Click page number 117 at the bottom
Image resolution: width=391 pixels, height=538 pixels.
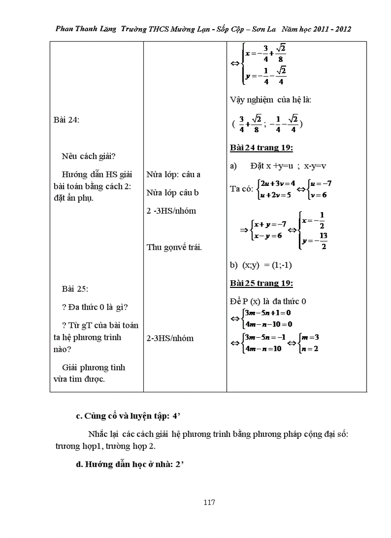[x=209, y=502]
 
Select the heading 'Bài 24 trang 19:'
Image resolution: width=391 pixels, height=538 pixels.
[x=261, y=148]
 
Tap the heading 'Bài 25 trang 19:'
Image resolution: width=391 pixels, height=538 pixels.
[x=261, y=283]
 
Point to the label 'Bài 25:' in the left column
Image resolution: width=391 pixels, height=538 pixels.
[x=75, y=289]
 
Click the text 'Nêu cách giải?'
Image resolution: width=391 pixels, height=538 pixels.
[x=90, y=156]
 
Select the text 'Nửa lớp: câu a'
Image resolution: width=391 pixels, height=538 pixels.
[x=173, y=174]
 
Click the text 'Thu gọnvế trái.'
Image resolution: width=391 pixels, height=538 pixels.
[x=174, y=247]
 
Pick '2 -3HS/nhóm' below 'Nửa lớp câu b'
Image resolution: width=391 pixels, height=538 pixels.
[x=171, y=211]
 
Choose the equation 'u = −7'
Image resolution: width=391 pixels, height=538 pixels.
[x=321, y=183]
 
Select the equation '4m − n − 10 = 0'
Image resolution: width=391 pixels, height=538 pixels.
[x=268, y=324]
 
